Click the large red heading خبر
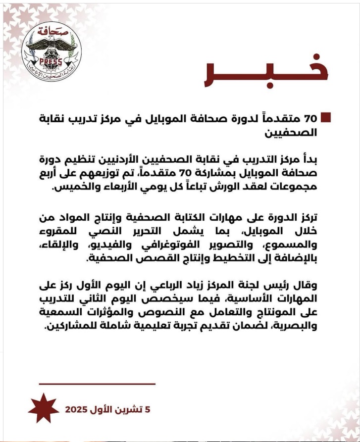coord(265,75)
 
